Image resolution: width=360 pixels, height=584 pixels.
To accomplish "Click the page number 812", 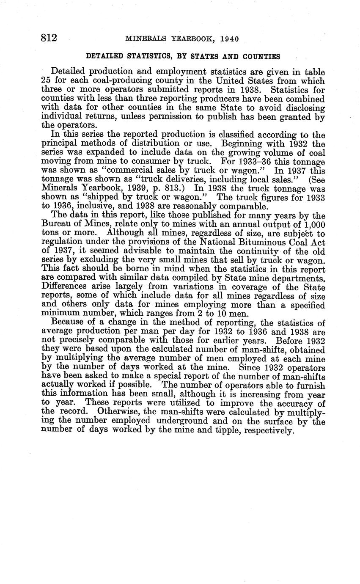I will click(x=49, y=38).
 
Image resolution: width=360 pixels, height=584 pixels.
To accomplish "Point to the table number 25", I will click(x=46, y=81).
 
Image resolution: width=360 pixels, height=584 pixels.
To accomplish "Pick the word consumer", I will click(x=193, y=161).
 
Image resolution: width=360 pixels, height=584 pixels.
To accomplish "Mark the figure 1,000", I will click(x=313, y=224).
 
